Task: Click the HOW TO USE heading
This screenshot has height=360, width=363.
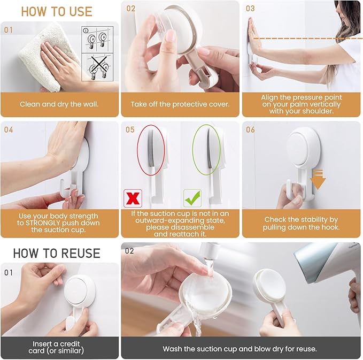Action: pyautogui.click(x=56, y=11)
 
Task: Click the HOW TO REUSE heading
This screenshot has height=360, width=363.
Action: pyautogui.click(x=56, y=252)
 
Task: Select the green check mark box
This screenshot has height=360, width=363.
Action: pyautogui.click(x=192, y=197)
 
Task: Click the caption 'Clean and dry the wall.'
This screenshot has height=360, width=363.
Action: pyautogui.click(x=59, y=104)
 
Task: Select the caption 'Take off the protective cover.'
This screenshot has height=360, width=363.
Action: pyautogui.click(x=180, y=104)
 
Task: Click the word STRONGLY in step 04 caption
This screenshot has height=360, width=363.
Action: pyautogui.click(x=60, y=223)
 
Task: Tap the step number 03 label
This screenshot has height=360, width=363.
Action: pyautogui.click(x=250, y=9)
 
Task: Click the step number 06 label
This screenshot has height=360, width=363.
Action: pyautogui.click(x=250, y=129)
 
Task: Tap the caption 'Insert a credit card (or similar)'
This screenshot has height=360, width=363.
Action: pyautogui.click(x=59, y=347)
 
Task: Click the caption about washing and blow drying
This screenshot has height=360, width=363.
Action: pyautogui.click(x=240, y=349)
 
